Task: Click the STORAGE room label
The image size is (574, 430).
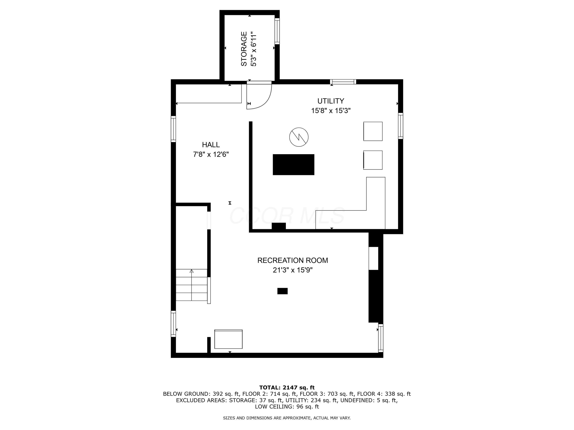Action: point(244,49)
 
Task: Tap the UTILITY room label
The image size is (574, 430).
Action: point(331,101)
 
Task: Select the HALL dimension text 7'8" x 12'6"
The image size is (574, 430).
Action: point(211,154)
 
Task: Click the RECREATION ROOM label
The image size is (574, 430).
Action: point(292,260)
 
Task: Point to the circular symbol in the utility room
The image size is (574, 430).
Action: point(299,137)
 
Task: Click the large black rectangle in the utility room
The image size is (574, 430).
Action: point(293,165)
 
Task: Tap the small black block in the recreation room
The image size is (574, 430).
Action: point(282,291)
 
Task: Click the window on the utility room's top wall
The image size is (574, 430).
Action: point(343,82)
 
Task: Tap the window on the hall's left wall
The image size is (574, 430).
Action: point(173,129)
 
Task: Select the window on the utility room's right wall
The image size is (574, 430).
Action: point(400,126)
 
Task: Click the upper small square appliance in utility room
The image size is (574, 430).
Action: point(373,131)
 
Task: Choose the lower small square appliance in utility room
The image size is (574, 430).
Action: point(373,160)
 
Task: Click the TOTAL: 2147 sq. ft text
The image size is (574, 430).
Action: point(287,388)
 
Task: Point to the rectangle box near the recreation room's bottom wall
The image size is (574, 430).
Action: point(228,339)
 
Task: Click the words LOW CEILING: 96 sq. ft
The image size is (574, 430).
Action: point(287,406)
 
